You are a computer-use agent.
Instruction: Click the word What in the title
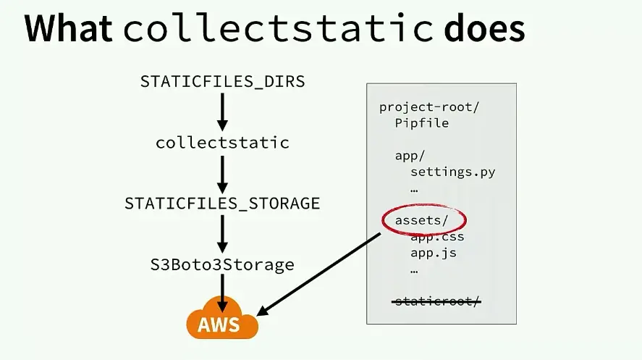69,29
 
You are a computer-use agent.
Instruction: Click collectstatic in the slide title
278,29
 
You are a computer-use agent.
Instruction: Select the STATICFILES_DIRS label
222,81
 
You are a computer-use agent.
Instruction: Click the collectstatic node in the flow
222,143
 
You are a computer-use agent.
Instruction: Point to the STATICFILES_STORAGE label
222,203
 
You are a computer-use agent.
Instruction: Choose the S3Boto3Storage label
222,264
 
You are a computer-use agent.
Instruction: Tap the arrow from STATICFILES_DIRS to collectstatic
222,112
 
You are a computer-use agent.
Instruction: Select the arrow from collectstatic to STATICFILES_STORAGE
222,173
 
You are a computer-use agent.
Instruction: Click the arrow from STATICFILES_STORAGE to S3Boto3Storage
222,234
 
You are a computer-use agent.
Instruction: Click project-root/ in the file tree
429,107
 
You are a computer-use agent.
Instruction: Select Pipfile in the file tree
421,123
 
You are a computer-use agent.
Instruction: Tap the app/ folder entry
410,156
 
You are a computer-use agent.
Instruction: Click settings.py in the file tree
452,172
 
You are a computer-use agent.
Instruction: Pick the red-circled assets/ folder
421,220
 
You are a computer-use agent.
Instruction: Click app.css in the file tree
436,237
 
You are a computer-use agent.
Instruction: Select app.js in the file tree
433,253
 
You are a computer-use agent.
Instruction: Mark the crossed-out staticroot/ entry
436,301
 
